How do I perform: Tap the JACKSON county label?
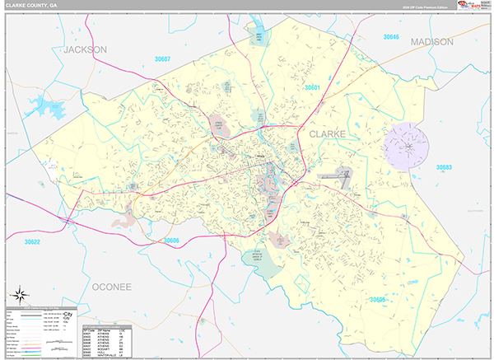coord(86,49)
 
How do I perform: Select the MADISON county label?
coord(431,42)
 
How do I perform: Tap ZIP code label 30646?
coord(390,37)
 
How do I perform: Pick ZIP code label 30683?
coord(444,167)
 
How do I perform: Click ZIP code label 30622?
coord(32,242)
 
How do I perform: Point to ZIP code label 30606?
coord(171,240)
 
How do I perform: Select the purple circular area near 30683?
coord(407,143)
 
